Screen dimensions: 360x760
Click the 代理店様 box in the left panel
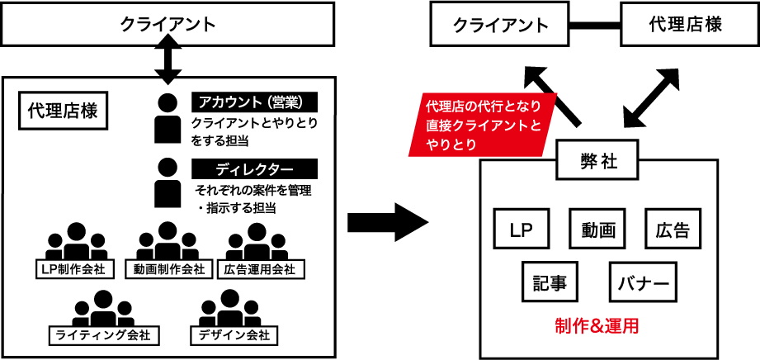pos(63,111)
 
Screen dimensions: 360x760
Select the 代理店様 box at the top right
pos(685,25)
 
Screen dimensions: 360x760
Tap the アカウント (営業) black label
pos(254,102)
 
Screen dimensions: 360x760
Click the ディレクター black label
pos(254,169)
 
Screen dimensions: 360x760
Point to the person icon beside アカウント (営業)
pos(168,117)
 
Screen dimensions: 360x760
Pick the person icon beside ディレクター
pos(168,182)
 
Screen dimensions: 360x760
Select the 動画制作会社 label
pos(168,269)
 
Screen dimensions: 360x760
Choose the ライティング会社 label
pos(103,335)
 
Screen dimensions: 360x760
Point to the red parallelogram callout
pos(483,124)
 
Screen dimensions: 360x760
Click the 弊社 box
pos(599,161)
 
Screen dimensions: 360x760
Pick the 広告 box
pos(673,229)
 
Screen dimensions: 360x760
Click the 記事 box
pos(550,282)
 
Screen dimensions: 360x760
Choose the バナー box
pos(643,282)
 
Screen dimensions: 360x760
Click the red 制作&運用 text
pos(597,324)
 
